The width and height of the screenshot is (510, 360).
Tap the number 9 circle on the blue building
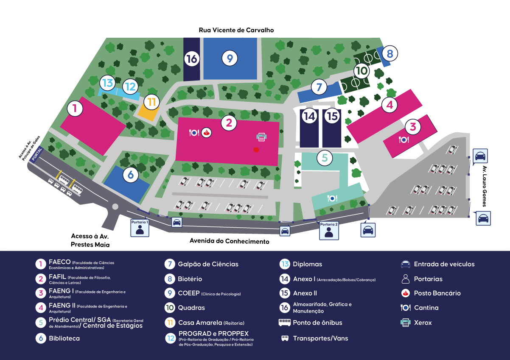coord(230,57)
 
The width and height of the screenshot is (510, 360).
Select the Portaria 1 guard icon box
coord(140,227)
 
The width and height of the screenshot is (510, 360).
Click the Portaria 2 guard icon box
coord(329,230)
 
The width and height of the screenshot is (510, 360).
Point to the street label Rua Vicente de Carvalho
coord(236,30)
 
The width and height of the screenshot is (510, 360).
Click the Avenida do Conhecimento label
coord(229,241)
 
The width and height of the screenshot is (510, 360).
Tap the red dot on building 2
coord(256,149)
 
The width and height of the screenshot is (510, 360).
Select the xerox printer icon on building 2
coord(262,137)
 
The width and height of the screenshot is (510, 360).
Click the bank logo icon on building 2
coord(207,133)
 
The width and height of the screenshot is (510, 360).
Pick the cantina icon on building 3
coord(404,139)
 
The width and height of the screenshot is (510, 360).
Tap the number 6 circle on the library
coord(130,174)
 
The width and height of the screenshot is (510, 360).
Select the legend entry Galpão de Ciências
coord(208,264)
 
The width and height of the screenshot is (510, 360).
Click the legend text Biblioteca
coord(64,338)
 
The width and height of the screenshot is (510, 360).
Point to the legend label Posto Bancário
coord(437,293)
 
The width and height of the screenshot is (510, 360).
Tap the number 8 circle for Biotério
coord(390,53)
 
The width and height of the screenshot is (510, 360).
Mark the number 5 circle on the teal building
coord(325,158)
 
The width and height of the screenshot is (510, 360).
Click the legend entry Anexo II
coord(305,293)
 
